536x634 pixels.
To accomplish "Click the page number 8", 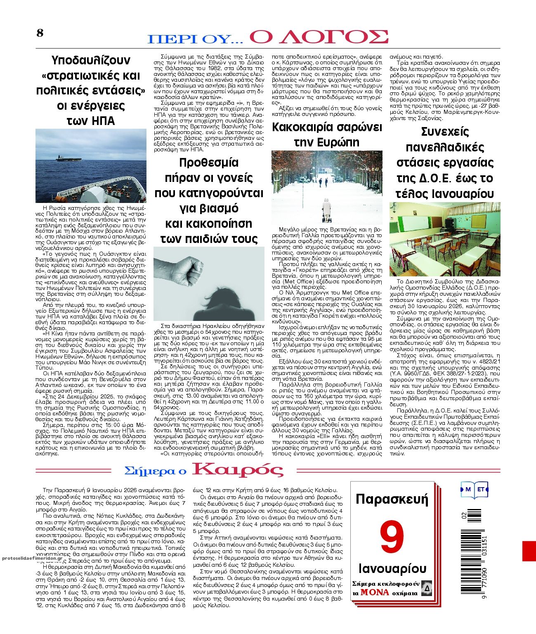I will pyautogui.click(x=40, y=33).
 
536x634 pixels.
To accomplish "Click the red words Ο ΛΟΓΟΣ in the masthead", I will pyautogui.click(x=319, y=37).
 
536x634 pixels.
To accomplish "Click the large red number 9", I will pyautogui.click(x=392, y=537).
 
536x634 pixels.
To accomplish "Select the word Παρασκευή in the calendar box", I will pyautogui.click(x=392, y=499).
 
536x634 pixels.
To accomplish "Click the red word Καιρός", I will pyautogui.click(x=238, y=470).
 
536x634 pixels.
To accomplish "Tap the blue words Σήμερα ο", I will pyautogui.click(x=155, y=471).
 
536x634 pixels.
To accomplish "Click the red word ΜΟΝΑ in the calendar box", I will pyautogui.click(x=374, y=592).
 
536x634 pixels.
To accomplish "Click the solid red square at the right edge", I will pyautogui.click(x=529, y=551).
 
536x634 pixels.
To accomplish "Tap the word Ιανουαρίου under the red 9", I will pyautogui.click(x=392, y=568).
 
